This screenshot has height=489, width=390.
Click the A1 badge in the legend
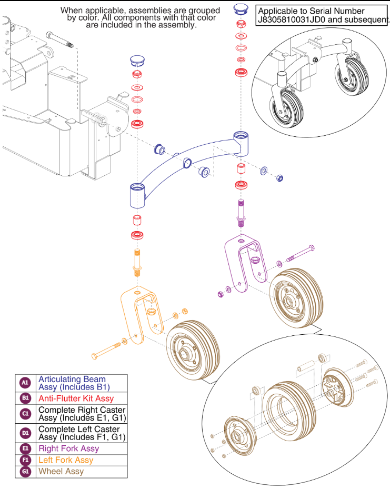25,383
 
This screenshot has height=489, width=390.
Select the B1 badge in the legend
25,398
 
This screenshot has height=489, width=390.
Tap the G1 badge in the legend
25,471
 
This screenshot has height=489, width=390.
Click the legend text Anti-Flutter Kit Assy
76,398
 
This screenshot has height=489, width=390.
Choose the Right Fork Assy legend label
68,448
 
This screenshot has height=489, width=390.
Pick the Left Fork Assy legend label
66,460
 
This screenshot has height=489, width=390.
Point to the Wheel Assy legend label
61,471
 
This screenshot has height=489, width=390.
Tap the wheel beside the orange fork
192,347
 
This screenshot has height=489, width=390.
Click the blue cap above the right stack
241,9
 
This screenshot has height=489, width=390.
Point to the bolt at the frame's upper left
60,39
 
